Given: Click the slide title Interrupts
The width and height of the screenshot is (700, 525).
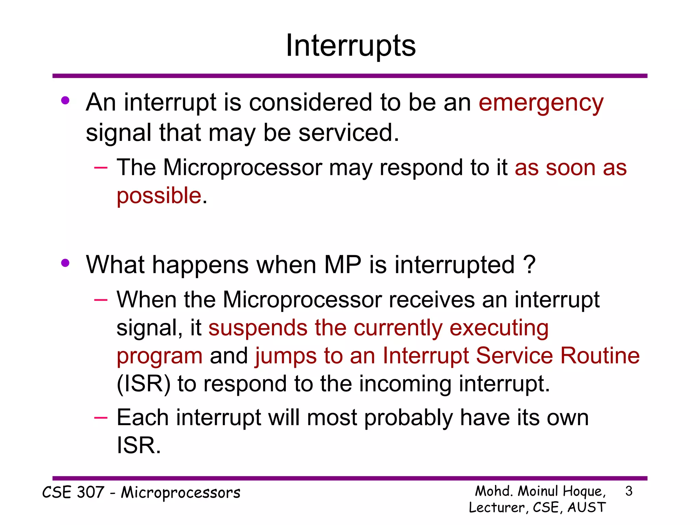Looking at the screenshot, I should tap(350, 46).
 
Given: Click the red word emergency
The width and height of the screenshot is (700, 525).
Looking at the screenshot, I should tap(541, 103).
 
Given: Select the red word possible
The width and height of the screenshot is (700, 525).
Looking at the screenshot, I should tap(159, 196).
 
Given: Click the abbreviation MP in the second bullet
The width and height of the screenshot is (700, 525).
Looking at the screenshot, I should tap(342, 265).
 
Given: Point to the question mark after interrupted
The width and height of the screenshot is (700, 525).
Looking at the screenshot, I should tap(529, 265).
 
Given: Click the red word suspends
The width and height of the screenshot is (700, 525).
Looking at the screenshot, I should tap(258, 328).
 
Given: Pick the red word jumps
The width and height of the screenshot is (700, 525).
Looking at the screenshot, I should tap(285, 356).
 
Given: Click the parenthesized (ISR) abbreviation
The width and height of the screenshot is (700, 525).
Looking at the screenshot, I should tap(144, 384).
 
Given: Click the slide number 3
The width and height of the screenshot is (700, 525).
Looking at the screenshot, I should tap(629, 492).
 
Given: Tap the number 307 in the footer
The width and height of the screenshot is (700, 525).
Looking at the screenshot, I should tap(90, 493).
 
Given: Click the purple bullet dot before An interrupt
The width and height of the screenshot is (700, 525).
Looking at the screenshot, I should tap(65, 101).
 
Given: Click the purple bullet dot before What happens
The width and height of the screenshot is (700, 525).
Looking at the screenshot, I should tap(65, 263).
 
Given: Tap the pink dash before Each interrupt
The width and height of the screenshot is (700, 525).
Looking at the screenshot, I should tap(101, 418).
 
